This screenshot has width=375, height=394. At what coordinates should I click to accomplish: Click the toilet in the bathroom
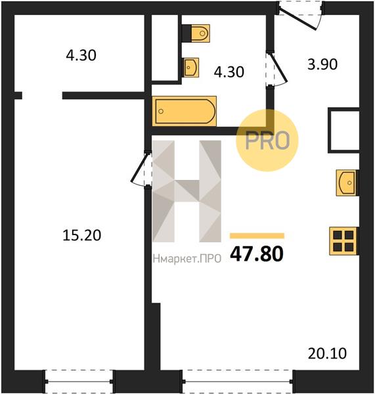200,33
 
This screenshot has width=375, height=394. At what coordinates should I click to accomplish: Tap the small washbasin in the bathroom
191,68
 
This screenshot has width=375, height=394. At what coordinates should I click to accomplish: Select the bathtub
185,111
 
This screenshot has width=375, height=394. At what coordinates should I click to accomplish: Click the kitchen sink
346,183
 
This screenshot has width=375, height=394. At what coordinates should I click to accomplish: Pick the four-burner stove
343,241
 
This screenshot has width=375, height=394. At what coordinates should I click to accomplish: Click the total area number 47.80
257,253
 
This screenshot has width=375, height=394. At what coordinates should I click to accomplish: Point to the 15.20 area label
81,236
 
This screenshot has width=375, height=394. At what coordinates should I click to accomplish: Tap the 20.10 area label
327,353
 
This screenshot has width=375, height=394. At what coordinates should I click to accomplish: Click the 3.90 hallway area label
322,64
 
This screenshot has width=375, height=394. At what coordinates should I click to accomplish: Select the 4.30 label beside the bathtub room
229,72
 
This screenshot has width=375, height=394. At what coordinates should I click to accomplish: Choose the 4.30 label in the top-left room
81,55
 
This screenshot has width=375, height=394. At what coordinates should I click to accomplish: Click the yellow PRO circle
267,141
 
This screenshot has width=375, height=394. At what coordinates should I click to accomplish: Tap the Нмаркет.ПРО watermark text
187,259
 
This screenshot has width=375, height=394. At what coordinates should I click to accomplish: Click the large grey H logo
187,191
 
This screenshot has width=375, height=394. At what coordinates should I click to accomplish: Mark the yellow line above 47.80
257,236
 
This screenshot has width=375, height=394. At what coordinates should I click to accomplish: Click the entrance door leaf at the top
298,19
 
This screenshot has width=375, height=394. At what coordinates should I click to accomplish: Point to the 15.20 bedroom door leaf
139,167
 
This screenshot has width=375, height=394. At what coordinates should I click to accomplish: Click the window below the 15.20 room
79,382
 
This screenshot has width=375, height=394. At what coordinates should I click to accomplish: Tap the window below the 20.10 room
237,382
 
